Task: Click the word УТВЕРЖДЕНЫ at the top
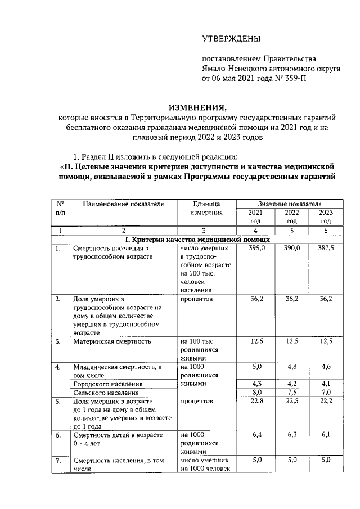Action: [232, 39]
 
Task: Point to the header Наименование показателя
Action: [123, 204]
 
